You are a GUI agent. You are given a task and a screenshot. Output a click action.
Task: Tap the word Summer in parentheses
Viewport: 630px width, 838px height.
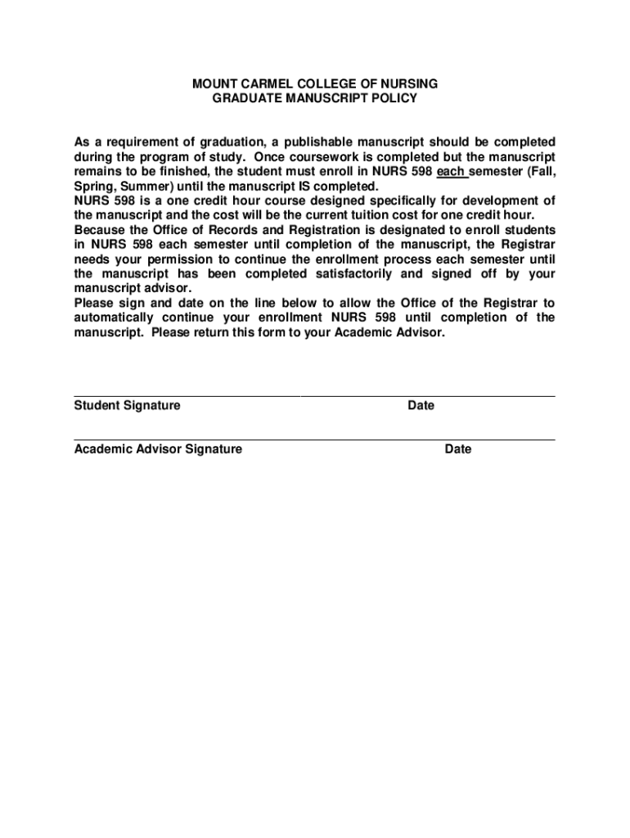[138, 186]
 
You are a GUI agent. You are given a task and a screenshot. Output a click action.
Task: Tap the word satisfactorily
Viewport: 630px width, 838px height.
[353, 274]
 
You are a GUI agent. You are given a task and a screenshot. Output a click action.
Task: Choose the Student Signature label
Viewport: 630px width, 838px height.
[128, 406]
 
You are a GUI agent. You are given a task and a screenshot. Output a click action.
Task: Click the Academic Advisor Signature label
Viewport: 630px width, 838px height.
[158, 449]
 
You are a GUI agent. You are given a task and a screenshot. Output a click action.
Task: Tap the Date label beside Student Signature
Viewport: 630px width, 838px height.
[421, 406]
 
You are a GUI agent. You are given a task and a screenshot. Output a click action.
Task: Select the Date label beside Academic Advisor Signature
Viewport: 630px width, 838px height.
[458, 449]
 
